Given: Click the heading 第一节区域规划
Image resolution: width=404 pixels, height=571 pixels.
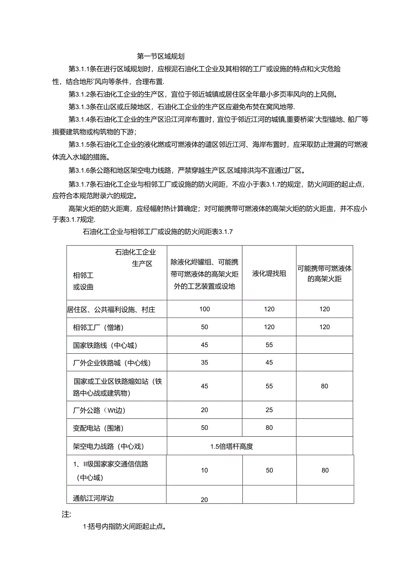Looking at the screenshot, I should [x=160, y=56].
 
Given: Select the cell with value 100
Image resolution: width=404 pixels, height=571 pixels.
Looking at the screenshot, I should [x=204, y=309].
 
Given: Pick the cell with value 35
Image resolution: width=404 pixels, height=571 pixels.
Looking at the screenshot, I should [x=204, y=363].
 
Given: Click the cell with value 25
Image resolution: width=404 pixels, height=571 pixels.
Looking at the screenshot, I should [x=269, y=410].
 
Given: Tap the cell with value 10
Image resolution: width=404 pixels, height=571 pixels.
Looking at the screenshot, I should [x=204, y=470].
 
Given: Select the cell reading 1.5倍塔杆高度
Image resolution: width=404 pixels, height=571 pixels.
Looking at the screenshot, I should [x=231, y=447].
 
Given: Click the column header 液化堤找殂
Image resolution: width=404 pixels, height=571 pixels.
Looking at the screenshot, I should [x=269, y=273].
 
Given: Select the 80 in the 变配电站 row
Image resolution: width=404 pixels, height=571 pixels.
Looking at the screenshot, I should [x=269, y=428].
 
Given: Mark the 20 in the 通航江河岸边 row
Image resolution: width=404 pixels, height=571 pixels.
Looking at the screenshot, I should [x=204, y=499].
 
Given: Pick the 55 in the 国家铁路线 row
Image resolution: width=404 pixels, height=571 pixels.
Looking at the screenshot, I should [x=269, y=345].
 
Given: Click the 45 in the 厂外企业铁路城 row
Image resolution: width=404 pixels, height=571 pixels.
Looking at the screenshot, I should [x=269, y=363].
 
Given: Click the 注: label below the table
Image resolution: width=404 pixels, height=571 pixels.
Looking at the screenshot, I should [x=66, y=514].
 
